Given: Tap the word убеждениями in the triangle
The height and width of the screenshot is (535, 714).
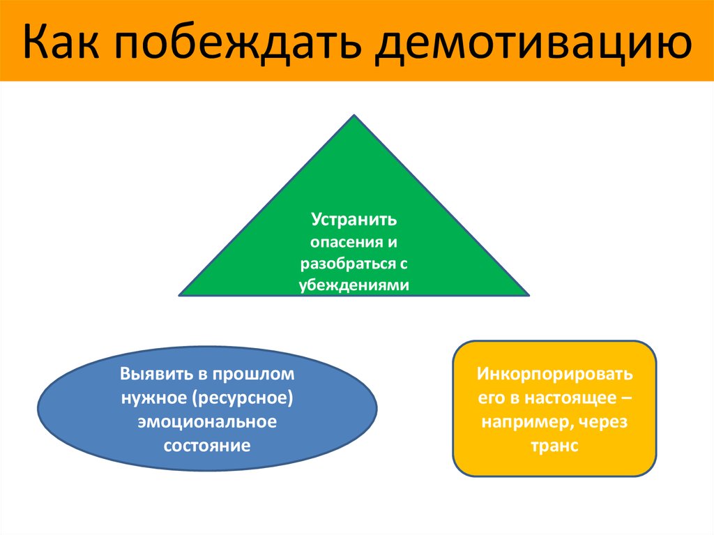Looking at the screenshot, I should tap(354, 285).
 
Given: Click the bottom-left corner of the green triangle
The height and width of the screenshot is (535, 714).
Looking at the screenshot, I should tap(180, 295).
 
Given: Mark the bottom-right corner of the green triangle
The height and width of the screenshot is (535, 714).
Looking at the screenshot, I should tap(529, 295).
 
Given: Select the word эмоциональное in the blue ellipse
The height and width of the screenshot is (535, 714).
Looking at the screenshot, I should tap(207, 422).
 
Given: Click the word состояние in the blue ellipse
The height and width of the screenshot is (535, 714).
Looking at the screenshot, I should tap(207, 445).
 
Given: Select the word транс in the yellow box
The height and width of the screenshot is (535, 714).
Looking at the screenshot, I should tap(555, 446).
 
